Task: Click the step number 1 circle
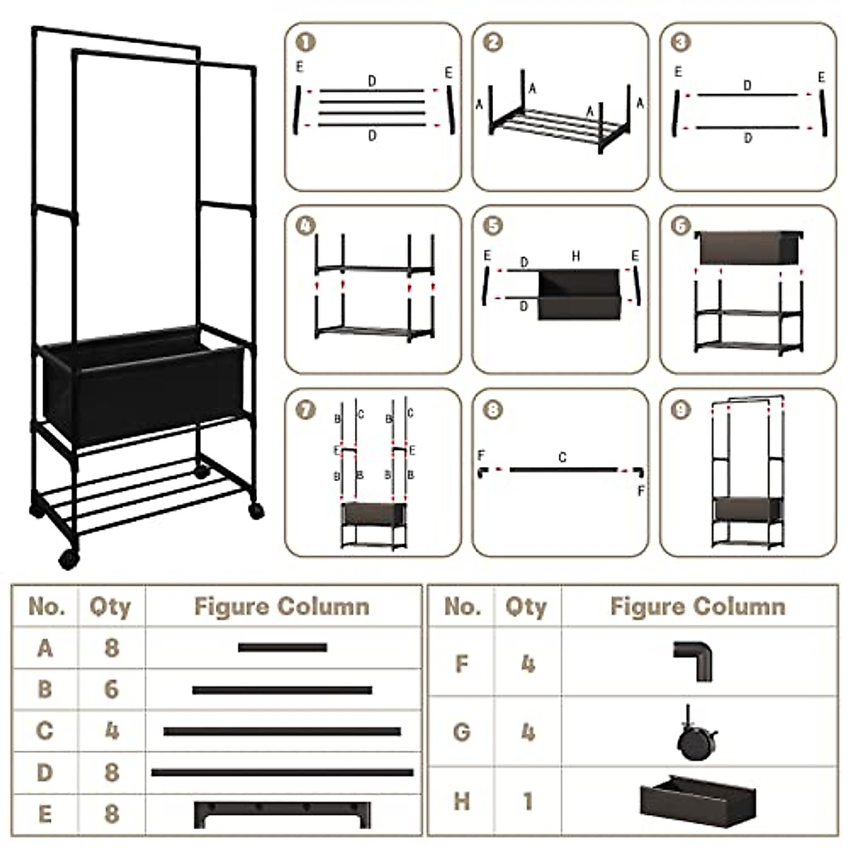pyautogui.click(x=306, y=42)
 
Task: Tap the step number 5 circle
pyautogui.click(x=493, y=226)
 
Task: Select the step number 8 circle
pyautogui.click(x=493, y=410)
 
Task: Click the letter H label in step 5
pyautogui.click(x=576, y=256)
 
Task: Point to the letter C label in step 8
pyautogui.click(x=562, y=458)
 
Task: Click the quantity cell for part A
pyautogui.click(x=111, y=647)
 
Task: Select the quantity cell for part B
pyautogui.click(x=111, y=689)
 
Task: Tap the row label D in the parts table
pyautogui.click(x=45, y=772)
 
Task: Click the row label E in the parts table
pyautogui.click(x=45, y=814)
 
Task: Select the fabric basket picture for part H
pyautogui.click(x=698, y=799)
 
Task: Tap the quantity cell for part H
pyautogui.click(x=527, y=802)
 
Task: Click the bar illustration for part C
pyautogui.click(x=282, y=731)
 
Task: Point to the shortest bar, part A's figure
pyautogui.click(x=282, y=647)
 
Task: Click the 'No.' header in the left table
pyautogui.click(x=47, y=606)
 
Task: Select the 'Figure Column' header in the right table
pyautogui.click(x=698, y=606)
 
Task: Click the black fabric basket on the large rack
pyautogui.click(x=141, y=386)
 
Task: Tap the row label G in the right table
pyautogui.click(x=461, y=732)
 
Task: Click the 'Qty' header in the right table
pyautogui.click(x=526, y=606)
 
